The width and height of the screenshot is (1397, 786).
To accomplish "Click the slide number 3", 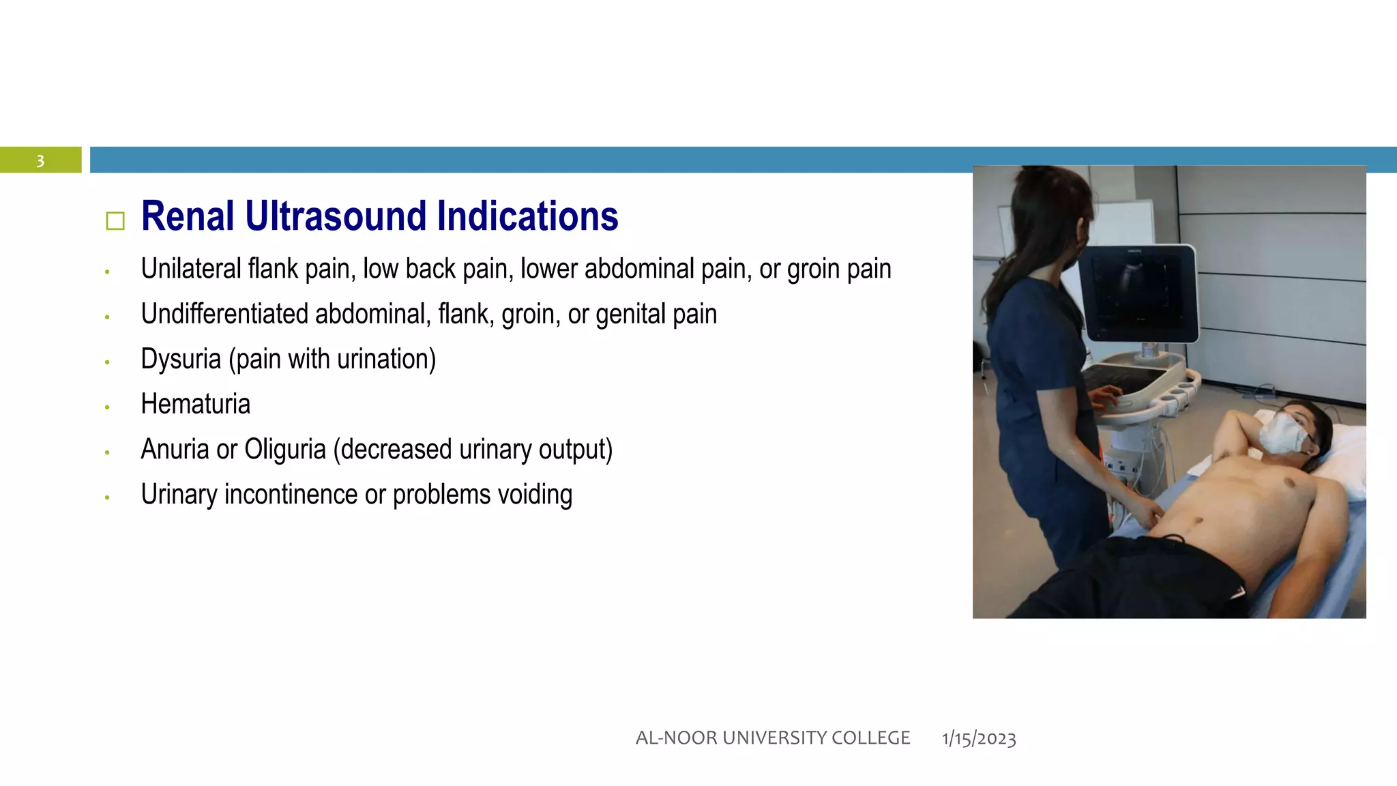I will pyautogui.click(x=40, y=161).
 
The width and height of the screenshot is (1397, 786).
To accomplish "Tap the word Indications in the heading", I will pyautogui.click(x=527, y=216).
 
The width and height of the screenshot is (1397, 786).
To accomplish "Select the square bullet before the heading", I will pyautogui.click(x=115, y=221).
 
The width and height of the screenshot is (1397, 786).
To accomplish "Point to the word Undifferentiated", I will pyautogui.click(x=224, y=314).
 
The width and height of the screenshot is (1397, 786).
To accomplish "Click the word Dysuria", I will pyautogui.click(x=181, y=360).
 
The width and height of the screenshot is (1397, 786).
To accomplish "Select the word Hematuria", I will pyautogui.click(x=195, y=404).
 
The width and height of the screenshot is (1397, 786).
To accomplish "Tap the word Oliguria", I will pyautogui.click(x=285, y=450).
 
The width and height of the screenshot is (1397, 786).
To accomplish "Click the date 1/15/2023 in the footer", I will pyautogui.click(x=979, y=738).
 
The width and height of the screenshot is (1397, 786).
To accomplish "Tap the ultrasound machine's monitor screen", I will pyautogui.click(x=1138, y=293).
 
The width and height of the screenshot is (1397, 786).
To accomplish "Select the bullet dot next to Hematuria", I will pyautogui.click(x=107, y=407).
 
